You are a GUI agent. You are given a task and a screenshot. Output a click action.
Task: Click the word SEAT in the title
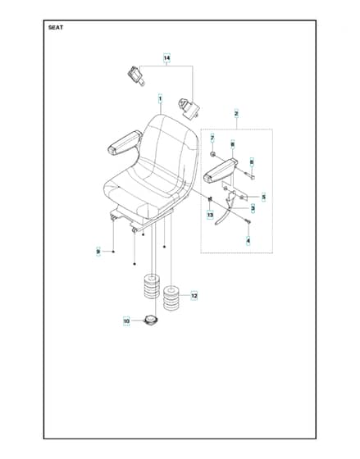pyautogui.click(x=56, y=28)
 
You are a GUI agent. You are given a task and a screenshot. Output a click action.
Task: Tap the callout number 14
pyautogui.click(x=166, y=58)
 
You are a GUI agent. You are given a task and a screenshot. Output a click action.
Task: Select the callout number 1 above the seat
pyautogui.click(x=160, y=99)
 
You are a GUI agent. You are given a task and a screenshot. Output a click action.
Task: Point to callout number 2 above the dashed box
pyautogui.click(x=236, y=114)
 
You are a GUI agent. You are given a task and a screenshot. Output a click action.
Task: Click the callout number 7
pyautogui.click(x=212, y=138)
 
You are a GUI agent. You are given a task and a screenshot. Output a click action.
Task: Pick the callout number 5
pyautogui.click(x=263, y=197)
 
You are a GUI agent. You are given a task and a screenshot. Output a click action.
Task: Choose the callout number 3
pyautogui.click(x=253, y=208)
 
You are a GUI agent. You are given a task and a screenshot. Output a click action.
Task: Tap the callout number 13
pyautogui.click(x=210, y=215)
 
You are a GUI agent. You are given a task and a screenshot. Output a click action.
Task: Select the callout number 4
pyautogui.click(x=248, y=241)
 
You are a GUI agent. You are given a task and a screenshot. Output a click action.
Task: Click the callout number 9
pyautogui.click(x=98, y=252)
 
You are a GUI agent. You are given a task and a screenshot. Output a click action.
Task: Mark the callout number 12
pyautogui.click(x=194, y=296)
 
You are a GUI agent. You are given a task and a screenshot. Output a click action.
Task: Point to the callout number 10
pyautogui.click(x=126, y=321)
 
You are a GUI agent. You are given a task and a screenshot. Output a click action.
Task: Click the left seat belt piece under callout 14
pyautogui.click(x=136, y=75)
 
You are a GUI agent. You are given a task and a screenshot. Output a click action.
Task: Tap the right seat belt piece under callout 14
pyautogui.click(x=189, y=108)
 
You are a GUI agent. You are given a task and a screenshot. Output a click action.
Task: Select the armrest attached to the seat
pyautogui.click(x=125, y=143)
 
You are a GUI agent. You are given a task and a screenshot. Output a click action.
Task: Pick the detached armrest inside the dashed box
pyautogui.click(x=221, y=170)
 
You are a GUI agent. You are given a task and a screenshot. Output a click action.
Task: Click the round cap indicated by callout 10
pyautogui.click(x=151, y=320)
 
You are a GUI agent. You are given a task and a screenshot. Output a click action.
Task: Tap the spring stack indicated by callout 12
pyautogui.click(x=171, y=298)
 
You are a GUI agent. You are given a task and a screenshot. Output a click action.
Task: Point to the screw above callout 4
pyautogui.click(x=248, y=221)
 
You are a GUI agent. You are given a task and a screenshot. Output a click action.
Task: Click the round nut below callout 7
pyautogui.click(x=213, y=154)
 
